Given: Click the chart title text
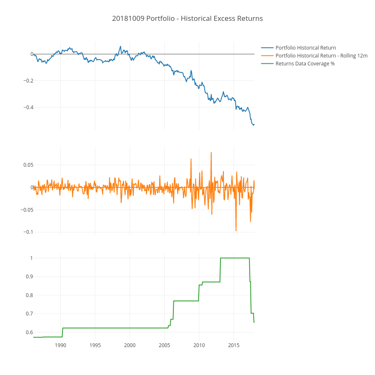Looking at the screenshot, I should [187, 19].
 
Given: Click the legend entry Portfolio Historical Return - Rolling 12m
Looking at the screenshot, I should [321, 56].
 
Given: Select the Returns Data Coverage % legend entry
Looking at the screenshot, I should [305, 64].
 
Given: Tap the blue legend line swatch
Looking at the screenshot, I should [267, 48].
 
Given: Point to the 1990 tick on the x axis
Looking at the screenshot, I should [60, 345].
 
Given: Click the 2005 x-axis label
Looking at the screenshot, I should [164, 345].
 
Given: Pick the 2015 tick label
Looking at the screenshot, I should [233, 345].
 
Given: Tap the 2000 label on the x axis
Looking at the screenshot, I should [130, 345].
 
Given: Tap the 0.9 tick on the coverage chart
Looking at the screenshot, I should [28, 277].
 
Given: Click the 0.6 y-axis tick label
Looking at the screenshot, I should [28, 332].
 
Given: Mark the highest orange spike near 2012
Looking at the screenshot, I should [211, 152].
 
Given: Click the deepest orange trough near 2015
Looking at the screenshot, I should [236, 230].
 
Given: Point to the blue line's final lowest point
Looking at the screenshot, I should [253, 125].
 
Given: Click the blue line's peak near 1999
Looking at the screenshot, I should [120, 46].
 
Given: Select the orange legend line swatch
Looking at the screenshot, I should [267, 56].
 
